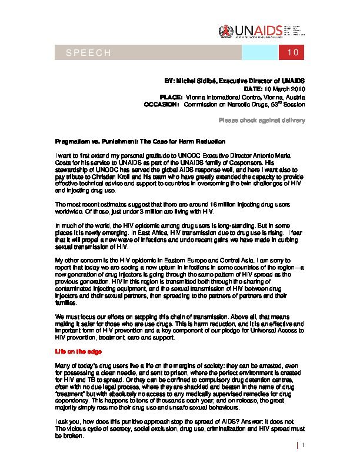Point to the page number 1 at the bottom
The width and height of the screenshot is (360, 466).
[x=304, y=446]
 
